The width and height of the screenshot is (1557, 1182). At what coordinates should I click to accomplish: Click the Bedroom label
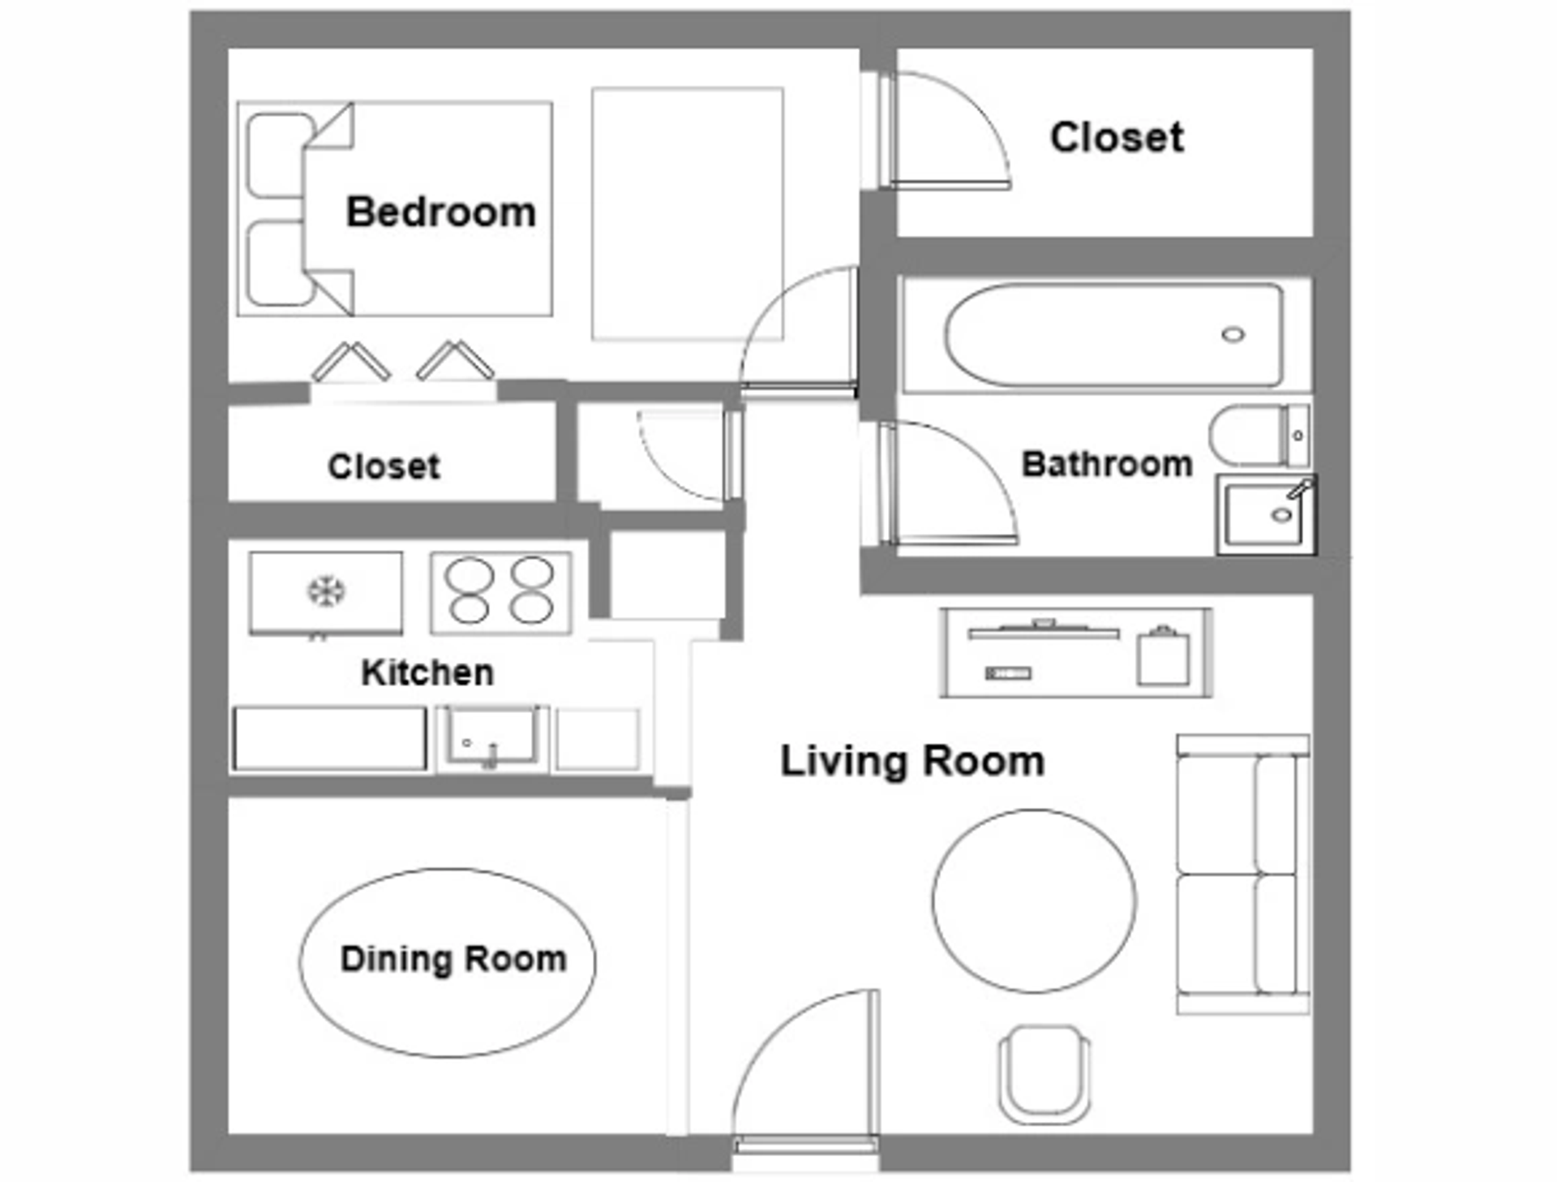440,212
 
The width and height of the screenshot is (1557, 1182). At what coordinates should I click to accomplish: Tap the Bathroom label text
1106,464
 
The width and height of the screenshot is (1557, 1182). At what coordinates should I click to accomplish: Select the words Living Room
912,761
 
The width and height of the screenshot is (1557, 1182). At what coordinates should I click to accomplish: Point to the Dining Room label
453,959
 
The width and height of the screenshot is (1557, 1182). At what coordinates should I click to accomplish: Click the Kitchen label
427,673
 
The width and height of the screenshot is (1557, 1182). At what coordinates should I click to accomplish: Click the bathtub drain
1233,334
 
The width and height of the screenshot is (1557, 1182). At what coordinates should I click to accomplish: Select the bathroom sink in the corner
1265,515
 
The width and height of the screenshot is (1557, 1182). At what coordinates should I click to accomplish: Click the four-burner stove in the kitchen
500,592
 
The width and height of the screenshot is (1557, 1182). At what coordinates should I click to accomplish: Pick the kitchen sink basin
491,737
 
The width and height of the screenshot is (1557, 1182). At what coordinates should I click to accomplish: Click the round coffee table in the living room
1034,900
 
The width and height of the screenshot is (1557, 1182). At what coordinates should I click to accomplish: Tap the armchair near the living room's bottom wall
1044,1072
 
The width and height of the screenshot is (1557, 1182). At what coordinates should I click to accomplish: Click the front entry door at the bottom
805,1071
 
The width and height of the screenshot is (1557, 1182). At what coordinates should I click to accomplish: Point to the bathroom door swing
949,483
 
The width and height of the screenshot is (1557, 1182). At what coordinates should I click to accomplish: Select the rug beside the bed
687,213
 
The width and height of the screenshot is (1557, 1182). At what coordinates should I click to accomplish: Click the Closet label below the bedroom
384,466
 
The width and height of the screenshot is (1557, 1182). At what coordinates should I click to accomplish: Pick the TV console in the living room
1076,652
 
